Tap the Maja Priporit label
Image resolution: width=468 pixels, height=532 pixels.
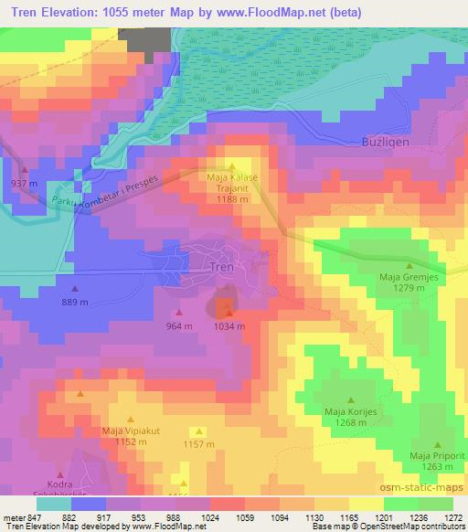[x=432, y=456]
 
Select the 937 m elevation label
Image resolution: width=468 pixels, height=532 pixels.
[x=25, y=184]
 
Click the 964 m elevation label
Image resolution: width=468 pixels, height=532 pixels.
[x=179, y=325]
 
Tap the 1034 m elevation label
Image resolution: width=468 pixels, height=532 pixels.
[x=229, y=325]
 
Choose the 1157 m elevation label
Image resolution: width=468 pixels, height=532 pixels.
[x=198, y=444]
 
